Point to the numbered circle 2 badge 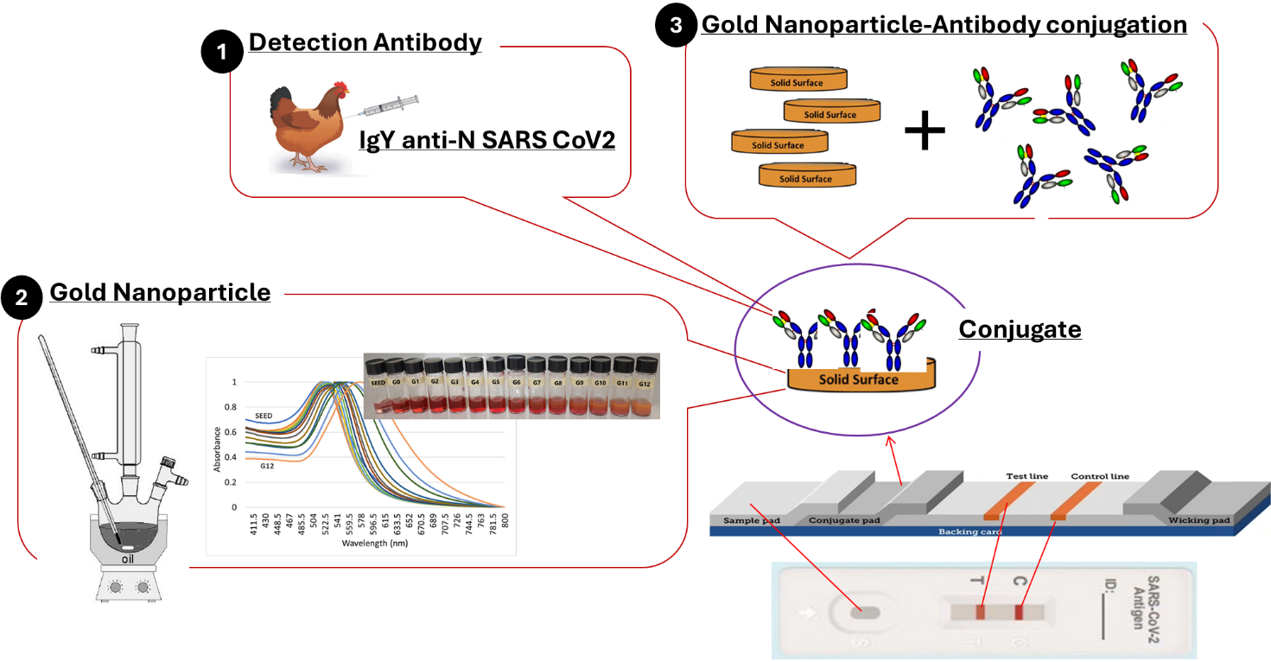pos(22,298)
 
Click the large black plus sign pos(925,134)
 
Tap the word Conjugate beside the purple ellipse pos(1020,329)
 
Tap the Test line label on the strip pos(1026,476)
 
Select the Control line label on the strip pos(1100,476)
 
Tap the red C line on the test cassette pos(1019,613)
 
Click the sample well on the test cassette pos(861,613)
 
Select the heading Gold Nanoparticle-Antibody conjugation pos(944,24)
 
